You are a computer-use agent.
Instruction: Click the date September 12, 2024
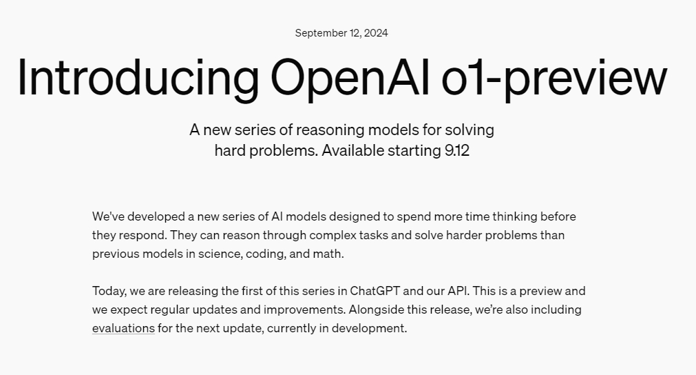click(x=341, y=33)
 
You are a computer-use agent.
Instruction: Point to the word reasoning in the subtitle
click(x=330, y=130)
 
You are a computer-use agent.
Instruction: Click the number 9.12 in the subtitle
click(x=456, y=151)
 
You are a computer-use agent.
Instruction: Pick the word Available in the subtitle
click(x=353, y=151)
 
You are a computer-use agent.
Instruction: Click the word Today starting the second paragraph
click(x=109, y=292)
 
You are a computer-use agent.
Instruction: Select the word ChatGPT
click(x=375, y=291)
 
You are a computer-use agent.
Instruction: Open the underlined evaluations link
click(x=123, y=328)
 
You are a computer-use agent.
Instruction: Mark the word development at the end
click(x=369, y=328)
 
